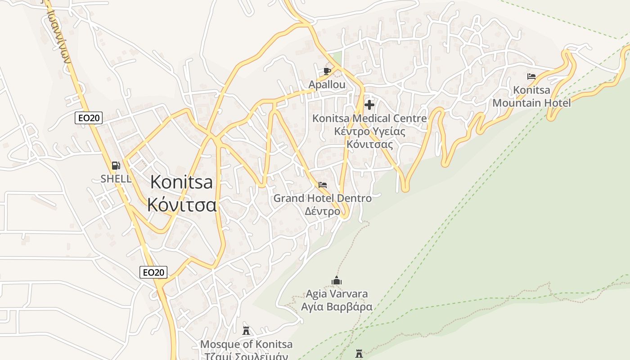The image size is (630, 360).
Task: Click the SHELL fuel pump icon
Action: click(x=116, y=166)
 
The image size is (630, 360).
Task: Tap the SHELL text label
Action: click(x=116, y=179)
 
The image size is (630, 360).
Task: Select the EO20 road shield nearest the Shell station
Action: click(x=89, y=118)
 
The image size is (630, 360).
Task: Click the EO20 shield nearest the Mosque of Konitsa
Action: click(x=153, y=272)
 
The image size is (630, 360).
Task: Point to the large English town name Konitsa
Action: click(x=181, y=182)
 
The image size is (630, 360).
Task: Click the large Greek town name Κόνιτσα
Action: click(x=182, y=205)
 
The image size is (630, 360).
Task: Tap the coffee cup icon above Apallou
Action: click(x=327, y=71)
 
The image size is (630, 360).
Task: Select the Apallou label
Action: click(x=327, y=85)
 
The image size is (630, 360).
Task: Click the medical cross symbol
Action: click(x=369, y=105)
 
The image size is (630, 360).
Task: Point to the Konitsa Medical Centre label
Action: click(x=369, y=119)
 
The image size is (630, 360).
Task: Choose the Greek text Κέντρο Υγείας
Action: click(x=369, y=132)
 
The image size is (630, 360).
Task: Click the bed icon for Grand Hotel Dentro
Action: click(x=323, y=185)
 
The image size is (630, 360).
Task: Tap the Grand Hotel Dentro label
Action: click(x=323, y=198)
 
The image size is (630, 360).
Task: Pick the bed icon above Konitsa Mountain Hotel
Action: click(x=531, y=76)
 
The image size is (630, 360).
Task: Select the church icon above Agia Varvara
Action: click(x=337, y=281)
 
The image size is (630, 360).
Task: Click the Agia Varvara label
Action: click(x=337, y=294)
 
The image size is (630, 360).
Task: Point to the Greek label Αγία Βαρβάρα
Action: click(x=337, y=307)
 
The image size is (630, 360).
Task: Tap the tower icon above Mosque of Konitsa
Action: click(x=246, y=331)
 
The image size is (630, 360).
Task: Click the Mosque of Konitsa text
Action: click(x=246, y=345)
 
